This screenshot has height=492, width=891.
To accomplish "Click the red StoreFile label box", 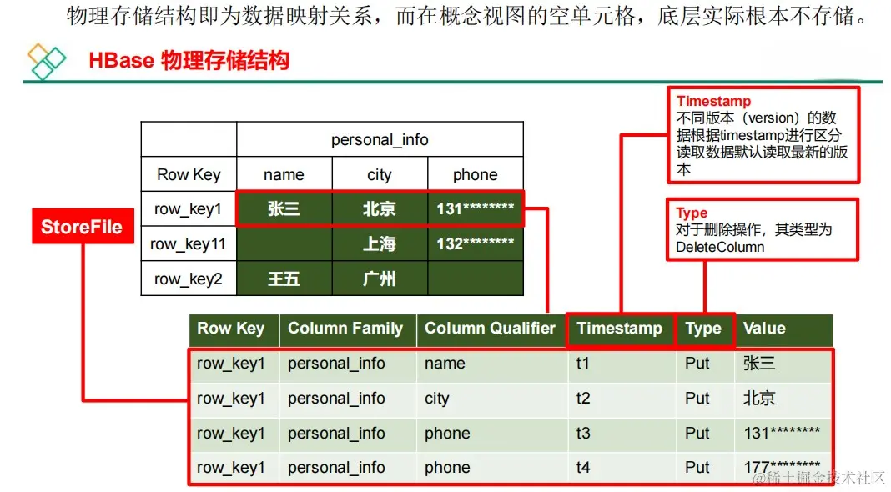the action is click(83, 226).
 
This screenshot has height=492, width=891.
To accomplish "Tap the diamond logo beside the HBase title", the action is click(46, 61).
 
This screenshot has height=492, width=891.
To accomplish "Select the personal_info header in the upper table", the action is click(380, 139).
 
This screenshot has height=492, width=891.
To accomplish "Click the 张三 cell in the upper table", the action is click(284, 209).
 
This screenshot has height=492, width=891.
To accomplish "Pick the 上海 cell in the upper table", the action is click(380, 243).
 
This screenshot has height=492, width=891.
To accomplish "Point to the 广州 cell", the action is click(380, 279).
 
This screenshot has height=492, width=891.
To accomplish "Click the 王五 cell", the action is click(284, 279).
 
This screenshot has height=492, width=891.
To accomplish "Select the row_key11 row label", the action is click(188, 243).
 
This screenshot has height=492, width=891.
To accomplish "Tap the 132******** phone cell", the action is click(475, 243).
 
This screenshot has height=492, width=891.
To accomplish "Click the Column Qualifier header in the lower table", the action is click(491, 329).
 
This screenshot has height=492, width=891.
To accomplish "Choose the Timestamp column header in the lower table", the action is click(619, 329).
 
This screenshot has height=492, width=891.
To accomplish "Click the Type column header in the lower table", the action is click(703, 329).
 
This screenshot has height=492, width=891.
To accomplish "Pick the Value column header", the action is click(764, 329).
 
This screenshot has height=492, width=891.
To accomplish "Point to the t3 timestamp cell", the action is click(583, 434).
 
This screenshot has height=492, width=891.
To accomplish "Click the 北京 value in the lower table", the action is click(759, 399).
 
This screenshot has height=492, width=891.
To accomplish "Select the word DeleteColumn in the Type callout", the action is click(720, 247).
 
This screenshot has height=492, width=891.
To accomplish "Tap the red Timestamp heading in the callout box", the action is click(713, 101).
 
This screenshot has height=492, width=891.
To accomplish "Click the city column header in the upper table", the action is click(380, 174).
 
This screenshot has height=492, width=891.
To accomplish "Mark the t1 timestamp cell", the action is click(582, 364).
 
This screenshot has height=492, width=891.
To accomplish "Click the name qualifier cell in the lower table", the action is click(445, 364).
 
